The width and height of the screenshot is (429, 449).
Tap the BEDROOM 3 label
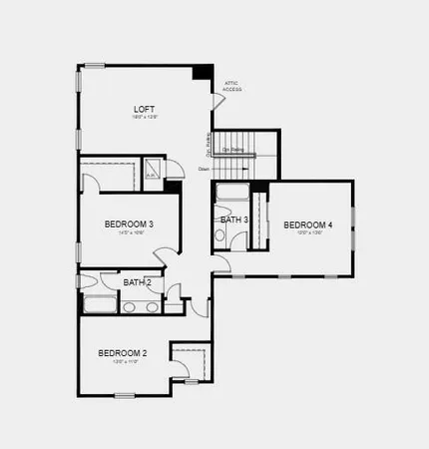(x=129, y=224)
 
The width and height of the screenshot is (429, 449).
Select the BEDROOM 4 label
(x=307, y=224)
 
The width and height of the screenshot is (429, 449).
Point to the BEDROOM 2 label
(x=123, y=353)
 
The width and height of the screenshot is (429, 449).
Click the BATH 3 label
(x=234, y=220)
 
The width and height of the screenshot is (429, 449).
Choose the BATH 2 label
(x=138, y=282)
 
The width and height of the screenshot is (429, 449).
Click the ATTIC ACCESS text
(x=231, y=87)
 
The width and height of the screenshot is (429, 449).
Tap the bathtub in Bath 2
(x=100, y=305)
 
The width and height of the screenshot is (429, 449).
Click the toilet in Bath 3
(x=219, y=236)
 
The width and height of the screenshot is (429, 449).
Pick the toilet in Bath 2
(x=172, y=294)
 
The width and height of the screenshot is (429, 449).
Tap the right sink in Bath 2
(x=152, y=307)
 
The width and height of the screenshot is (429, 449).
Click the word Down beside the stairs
(x=204, y=169)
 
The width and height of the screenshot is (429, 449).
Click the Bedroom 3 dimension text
(x=129, y=234)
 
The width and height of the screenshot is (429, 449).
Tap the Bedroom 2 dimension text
(x=123, y=362)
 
